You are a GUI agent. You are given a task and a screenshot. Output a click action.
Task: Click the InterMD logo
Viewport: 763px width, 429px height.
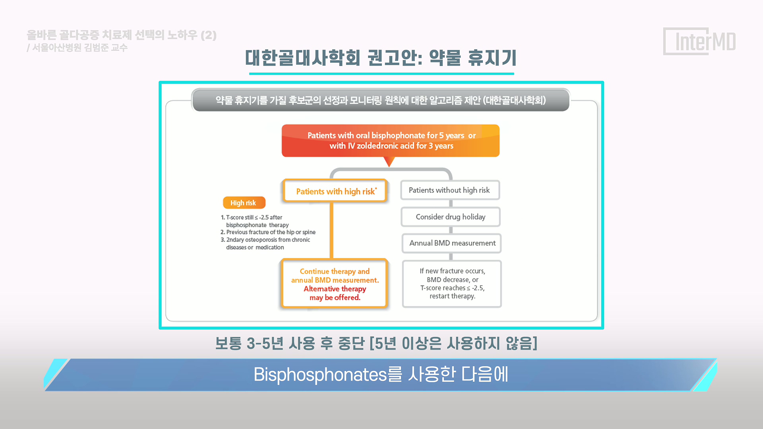pyautogui.click(x=699, y=41)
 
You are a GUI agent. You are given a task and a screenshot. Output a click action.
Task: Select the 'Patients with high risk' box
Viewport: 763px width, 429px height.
pyautogui.click(x=335, y=191)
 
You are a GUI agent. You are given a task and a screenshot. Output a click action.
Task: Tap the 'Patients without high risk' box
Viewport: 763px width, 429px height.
pyautogui.click(x=450, y=190)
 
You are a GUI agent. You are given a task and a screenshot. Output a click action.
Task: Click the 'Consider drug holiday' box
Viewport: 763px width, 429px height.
pyautogui.click(x=451, y=217)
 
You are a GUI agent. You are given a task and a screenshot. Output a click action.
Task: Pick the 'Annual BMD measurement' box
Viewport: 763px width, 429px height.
pyautogui.click(x=451, y=243)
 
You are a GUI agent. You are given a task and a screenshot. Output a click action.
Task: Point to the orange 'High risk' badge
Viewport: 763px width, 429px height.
pyautogui.click(x=244, y=203)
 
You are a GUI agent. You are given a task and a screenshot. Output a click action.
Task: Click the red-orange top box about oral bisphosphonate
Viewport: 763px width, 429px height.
pyautogui.click(x=391, y=141)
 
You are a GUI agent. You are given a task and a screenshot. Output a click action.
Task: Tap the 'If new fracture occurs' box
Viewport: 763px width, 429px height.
pyautogui.click(x=452, y=284)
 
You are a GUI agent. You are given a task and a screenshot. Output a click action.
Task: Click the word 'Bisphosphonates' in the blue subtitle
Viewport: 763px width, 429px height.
pyautogui.click(x=320, y=375)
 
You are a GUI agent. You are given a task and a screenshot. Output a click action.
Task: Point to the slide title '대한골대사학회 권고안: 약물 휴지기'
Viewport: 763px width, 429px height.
pyautogui.click(x=381, y=58)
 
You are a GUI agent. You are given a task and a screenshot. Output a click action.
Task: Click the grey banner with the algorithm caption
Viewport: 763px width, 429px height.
pyautogui.click(x=381, y=100)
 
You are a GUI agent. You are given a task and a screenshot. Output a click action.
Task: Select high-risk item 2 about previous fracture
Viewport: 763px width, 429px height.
pyautogui.click(x=268, y=232)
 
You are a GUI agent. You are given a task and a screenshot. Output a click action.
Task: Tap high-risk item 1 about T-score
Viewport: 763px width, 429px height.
pyautogui.click(x=254, y=221)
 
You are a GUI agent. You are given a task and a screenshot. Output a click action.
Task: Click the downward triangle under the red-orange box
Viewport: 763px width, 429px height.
pyautogui.click(x=389, y=161)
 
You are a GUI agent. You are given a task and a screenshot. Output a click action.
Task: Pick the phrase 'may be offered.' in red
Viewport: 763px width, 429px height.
pyautogui.click(x=335, y=298)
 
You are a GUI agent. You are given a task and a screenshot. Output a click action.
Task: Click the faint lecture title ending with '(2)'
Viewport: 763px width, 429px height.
pyautogui.click(x=122, y=35)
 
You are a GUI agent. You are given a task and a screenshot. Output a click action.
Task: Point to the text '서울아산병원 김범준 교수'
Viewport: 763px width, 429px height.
pyautogui.click(x=80, y=48)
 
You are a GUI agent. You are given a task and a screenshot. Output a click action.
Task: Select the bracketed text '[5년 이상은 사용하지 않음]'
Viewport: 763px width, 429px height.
pyautogui.click(x=453, y=344)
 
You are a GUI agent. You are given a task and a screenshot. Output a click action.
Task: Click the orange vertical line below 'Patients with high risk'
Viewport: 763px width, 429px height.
pyautogui.click(x=331, y=231)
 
